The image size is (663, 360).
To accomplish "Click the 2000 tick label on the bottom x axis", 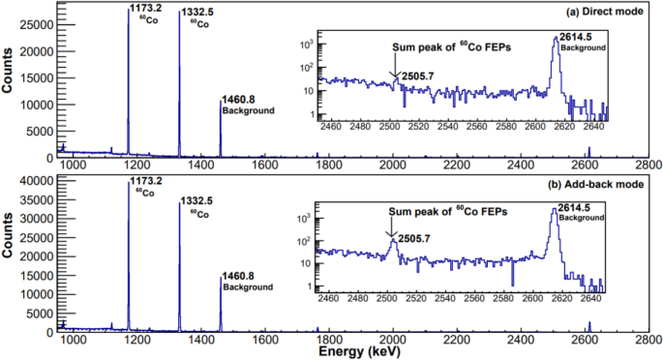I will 392,341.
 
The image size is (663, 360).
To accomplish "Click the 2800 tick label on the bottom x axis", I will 648,341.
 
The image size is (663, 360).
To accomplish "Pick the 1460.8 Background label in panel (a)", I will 248,105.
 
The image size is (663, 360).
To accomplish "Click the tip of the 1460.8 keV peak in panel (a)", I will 221,101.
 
